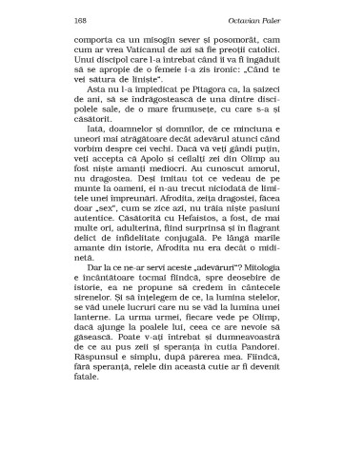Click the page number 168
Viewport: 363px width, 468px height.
point(79,20)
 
